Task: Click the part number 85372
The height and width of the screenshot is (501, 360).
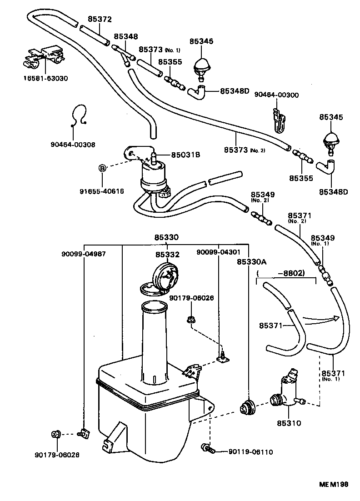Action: click(100, 20)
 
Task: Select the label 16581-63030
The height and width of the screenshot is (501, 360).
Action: click(45, 78)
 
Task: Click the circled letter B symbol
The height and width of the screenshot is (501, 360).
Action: click(103, 168)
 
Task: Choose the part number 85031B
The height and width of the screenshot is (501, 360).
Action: click(185, 155)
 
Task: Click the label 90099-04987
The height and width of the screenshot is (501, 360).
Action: click(84, 254)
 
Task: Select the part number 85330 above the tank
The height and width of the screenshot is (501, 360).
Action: click(166, 237)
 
